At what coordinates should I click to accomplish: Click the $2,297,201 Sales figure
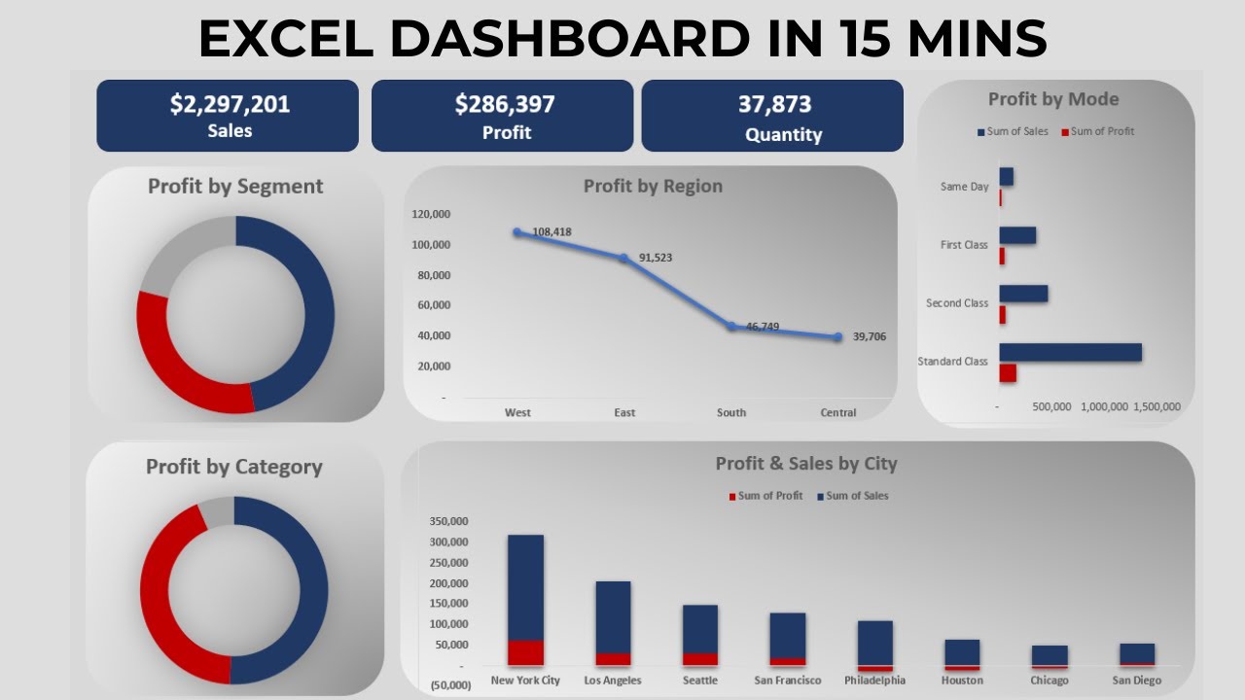tap(230, 104)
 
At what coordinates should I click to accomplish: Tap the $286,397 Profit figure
tap(505, 104)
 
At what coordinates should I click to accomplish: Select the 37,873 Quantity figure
tap(774, 104)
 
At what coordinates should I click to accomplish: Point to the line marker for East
tap(623, 258)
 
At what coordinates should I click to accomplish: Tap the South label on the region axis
tap(731, 412)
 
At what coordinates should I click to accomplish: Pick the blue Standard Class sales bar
tap(1070, 352)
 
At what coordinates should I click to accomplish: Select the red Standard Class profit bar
tap(1008, 373)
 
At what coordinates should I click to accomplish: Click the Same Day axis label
tap(964, 187)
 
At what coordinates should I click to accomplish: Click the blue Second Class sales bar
tap(1023, 294)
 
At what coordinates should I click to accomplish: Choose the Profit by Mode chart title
tap(1053, 99)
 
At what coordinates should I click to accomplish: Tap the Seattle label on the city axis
tap(700, 681)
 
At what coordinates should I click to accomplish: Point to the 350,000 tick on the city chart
tap(448, 521)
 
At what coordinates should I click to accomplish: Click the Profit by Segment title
tap(235, 186)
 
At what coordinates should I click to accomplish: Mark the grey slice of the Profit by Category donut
tap(217, 511)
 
